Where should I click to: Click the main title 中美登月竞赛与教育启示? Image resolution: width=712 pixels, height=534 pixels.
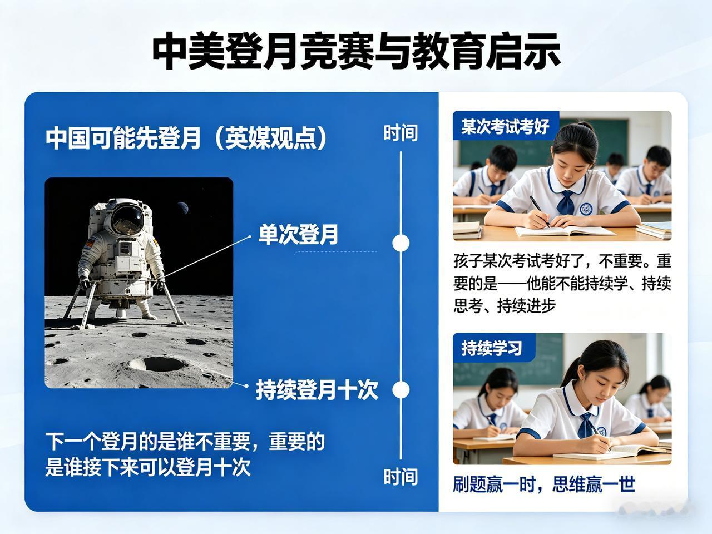tap(355, 52)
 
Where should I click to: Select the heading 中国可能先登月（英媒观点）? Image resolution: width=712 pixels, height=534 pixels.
tap(186, 138)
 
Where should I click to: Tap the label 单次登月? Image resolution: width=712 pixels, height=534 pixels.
tap(298, 234)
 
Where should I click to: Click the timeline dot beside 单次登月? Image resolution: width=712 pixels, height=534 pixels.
tap(400, 243)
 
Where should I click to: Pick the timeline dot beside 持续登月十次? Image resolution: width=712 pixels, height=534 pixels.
tap(400, 390)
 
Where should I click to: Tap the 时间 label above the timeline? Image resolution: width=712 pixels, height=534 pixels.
tap(400, 133)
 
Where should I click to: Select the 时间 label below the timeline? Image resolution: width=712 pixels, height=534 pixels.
tap(400, 477)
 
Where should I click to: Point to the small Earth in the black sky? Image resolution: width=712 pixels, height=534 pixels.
tap(182, 209)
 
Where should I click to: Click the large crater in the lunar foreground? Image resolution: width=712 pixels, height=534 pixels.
tap(158, 364)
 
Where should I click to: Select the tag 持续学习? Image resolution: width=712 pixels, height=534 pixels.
tap(492, 348)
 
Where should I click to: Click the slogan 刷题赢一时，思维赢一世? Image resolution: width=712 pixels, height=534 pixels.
tap(543, 484)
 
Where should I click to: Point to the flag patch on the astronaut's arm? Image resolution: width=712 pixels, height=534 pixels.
tap(90, 243)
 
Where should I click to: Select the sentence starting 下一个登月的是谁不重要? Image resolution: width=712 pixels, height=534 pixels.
tap(185, 454)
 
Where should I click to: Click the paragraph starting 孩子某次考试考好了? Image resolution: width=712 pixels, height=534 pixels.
tap(562, 283)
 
